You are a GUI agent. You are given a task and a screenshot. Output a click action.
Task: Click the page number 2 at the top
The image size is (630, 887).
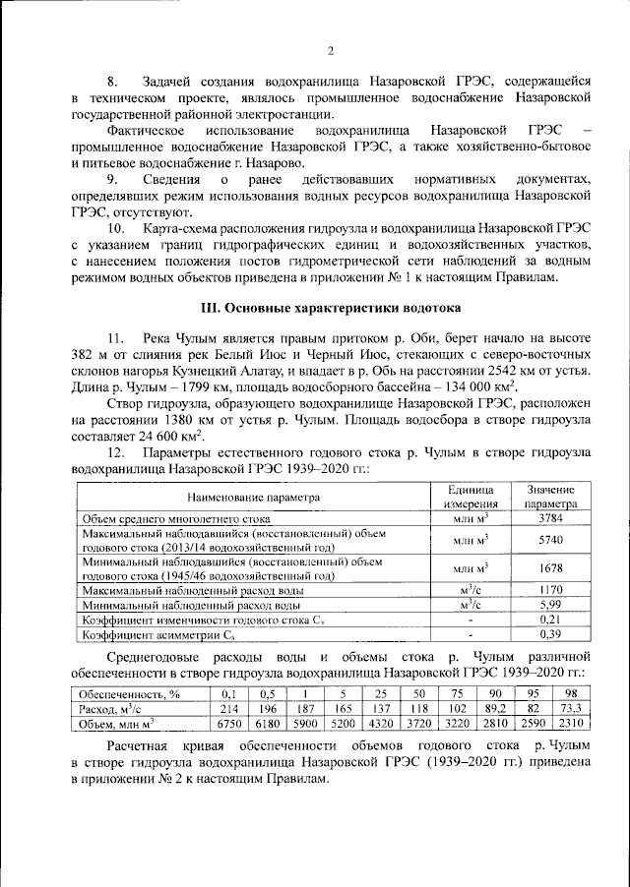point(331,51)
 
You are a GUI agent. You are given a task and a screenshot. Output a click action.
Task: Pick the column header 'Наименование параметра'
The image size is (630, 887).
point(255,498)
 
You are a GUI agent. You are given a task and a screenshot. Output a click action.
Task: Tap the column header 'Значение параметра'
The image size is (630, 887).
point(550,497)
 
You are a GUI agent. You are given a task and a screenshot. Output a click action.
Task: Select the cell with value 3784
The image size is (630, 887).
point(550,517)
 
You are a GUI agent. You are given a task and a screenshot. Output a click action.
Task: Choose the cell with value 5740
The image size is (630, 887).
point(550,540)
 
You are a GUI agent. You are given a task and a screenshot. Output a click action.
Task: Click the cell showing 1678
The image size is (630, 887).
point(550,568)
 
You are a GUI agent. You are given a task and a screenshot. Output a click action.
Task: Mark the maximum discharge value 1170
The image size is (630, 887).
point(550,590)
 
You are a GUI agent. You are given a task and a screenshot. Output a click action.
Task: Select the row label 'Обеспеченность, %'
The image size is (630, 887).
point(128,693)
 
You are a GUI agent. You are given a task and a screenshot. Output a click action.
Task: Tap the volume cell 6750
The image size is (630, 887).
point(229,724)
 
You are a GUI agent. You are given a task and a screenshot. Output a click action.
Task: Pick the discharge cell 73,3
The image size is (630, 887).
point(570,708)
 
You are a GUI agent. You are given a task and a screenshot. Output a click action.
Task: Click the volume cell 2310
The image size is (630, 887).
point(570,724)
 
